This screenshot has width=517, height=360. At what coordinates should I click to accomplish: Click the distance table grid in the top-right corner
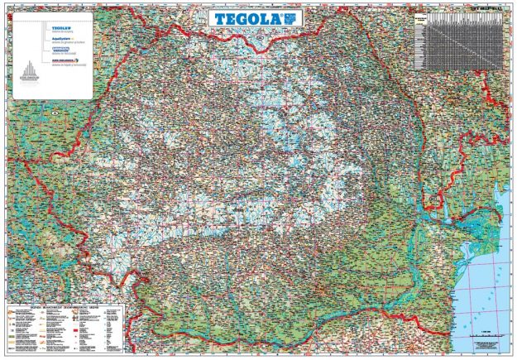click(459, 41)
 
